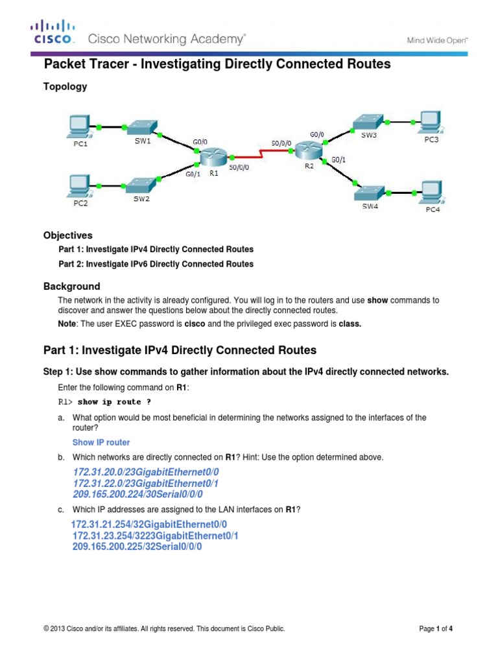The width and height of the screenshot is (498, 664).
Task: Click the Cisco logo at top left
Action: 54,32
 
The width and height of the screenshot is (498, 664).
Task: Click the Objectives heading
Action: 68,235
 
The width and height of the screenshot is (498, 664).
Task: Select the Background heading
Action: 71,286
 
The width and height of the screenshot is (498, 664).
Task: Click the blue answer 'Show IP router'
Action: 101,442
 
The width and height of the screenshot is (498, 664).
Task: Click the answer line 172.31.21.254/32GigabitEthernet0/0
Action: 149,524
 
